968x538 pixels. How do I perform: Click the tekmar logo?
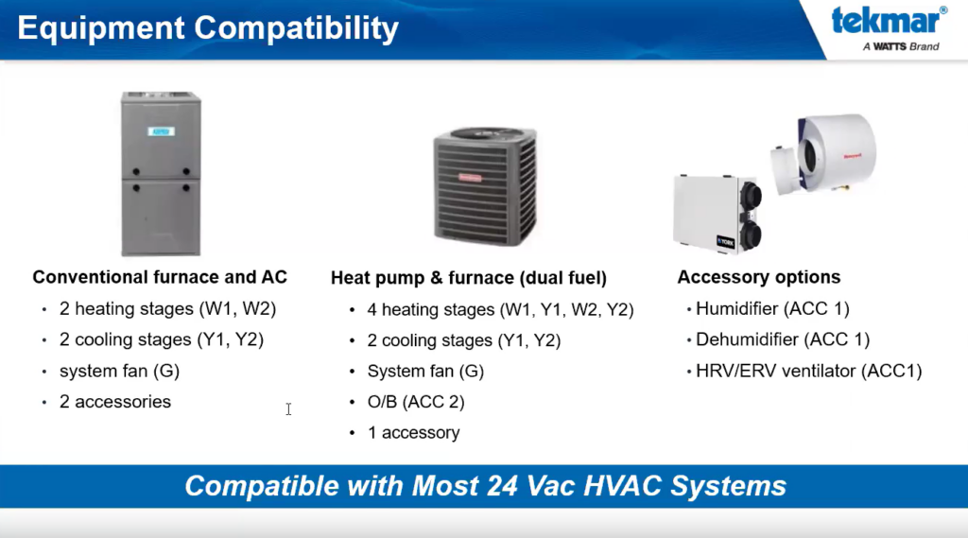889,28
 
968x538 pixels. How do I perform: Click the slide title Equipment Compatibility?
208,28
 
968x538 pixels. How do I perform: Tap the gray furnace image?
161,174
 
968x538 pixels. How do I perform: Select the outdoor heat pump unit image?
485,185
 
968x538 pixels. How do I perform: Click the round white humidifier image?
823,153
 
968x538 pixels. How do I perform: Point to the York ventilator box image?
717,214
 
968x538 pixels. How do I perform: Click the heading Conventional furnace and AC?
160,277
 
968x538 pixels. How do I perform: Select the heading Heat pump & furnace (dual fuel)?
469,278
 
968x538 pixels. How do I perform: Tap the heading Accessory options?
759,277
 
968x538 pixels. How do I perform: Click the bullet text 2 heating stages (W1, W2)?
167,309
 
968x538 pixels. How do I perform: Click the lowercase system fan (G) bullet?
119,372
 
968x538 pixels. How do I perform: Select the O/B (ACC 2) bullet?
416,402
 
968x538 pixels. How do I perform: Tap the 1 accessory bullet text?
414,433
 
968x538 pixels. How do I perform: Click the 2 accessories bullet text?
114,402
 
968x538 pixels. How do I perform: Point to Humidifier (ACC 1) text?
772,309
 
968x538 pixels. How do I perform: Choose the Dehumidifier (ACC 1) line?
783,339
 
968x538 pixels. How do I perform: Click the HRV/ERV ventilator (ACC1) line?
809,372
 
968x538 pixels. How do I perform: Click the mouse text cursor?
288,408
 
